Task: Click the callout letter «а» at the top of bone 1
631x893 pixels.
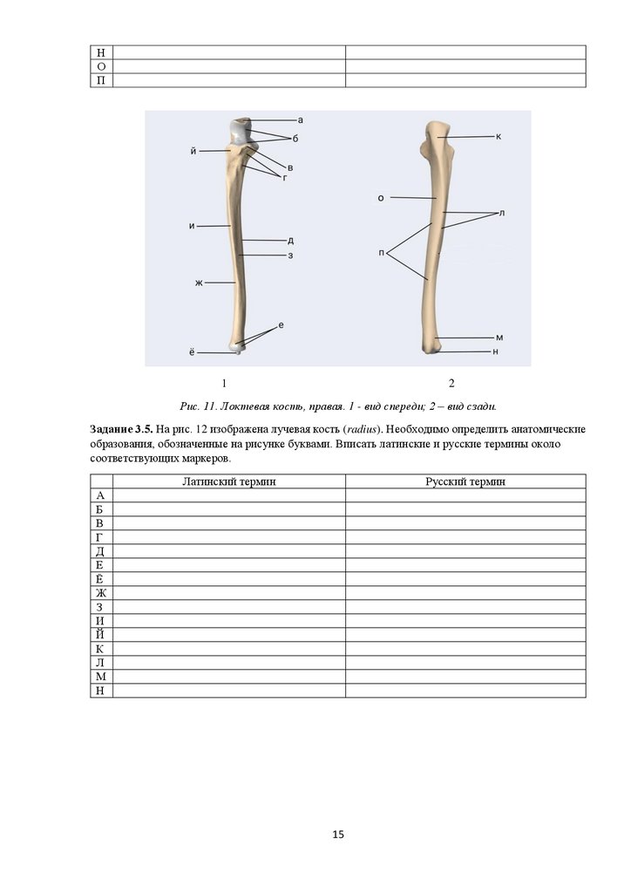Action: (x=300, y=119)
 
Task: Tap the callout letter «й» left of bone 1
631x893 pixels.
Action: (x=192, y=151)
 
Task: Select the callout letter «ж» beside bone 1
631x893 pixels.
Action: (x=199, y=283)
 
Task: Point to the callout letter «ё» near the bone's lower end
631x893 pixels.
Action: (x=191, y=352)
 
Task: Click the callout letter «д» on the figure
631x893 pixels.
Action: (x=290, y=240)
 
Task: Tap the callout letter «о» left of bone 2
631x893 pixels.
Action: (x=381, y=198)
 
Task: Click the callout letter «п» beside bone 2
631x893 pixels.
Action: (x=382, y=252)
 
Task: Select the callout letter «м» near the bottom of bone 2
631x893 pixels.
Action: (x=499, y=337)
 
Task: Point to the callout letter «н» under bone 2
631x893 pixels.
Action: (x=495, y=351)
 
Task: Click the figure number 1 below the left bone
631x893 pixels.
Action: (x=224, y=383)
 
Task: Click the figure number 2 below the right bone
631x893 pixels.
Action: (x=451, y=383)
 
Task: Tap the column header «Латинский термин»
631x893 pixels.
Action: (x=229, y=481)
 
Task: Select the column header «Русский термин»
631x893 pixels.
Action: (x=465, y=481)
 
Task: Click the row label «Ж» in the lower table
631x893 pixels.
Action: (x=101, y=593)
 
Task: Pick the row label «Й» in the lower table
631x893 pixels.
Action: (x=101, y=635)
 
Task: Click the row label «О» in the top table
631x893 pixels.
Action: (x=101, y=66)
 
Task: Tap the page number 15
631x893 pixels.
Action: (x=338, y=835)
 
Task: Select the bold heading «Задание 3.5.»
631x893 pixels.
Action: (x=121, y=430)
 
